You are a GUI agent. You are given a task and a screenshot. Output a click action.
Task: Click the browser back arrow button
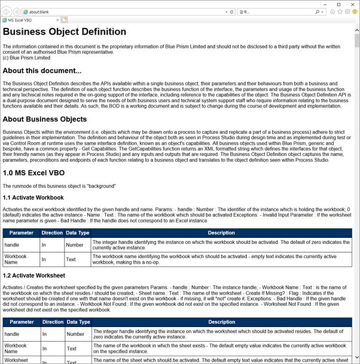pos(7,11)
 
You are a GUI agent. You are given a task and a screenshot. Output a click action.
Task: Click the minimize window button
pos(324,4)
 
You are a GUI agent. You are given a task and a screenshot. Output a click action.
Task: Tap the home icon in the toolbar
pos(332,11)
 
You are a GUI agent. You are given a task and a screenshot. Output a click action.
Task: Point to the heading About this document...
pos(42,71)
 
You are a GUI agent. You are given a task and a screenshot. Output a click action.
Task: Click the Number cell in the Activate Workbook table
pos(75,244)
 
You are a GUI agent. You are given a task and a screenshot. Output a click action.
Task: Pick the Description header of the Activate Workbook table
pos(221,233)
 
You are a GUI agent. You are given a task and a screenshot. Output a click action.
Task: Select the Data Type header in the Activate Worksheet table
pos(77,322)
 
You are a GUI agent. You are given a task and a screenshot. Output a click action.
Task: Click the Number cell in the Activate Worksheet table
pos(75,334)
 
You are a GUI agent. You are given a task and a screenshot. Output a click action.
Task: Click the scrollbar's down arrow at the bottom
pos(356,360)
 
